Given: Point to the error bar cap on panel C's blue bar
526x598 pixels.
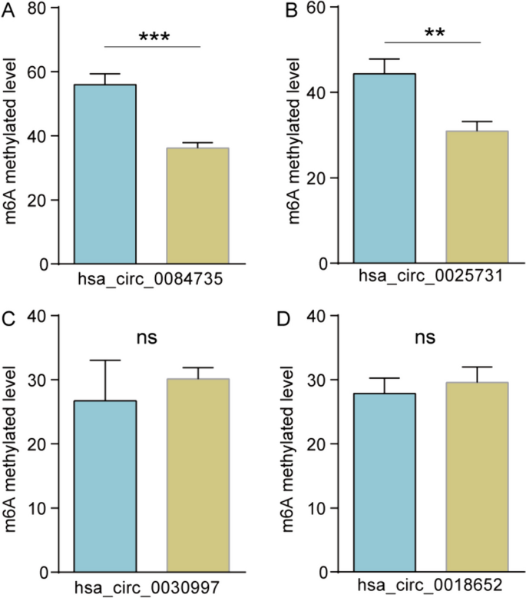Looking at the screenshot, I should [104, 360].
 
